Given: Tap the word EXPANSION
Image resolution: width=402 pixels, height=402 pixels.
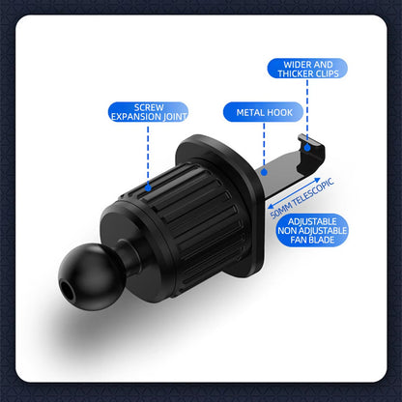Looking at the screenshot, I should [x=133, y=116].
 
